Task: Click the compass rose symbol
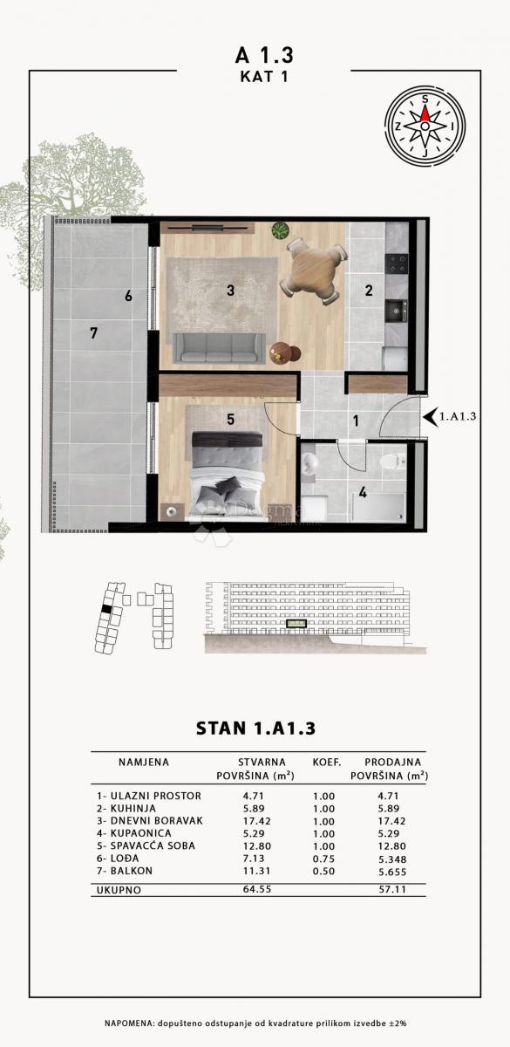click(x=424, y=126)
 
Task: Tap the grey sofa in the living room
click(x=219, y=347)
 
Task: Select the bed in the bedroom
click(x=227, y=476)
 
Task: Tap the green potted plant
click(x=280, y=231)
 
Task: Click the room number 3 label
click(x=230, y=291)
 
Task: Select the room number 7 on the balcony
click(x=93, y=332)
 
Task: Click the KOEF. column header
click(x=324, y=762)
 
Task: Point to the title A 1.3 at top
click(x=264, y=55)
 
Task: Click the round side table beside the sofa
click(x=282, y=352)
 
